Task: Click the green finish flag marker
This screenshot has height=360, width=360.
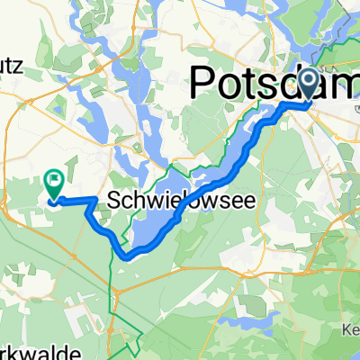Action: click(x=52, y=184)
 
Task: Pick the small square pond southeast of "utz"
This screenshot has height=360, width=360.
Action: click(x=59, y=111)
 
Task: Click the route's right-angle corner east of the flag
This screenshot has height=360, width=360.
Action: click(x=96, y=196)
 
